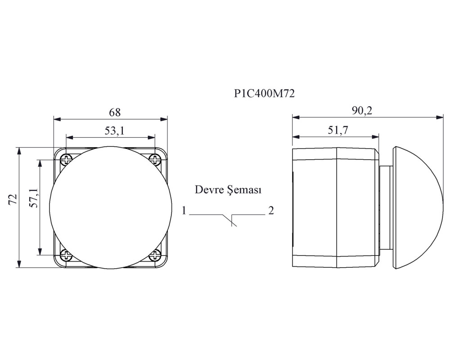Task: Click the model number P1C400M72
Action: pos(264,94)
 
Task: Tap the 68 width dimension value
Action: pos(115,112)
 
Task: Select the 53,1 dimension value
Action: pos(114,130)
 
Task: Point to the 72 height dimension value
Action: pos(13,199)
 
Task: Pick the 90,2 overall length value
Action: pos(362,111)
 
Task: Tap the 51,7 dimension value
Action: pos(338,130)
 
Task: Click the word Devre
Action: pos(209,190)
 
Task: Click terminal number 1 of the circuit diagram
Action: pos(184,211)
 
